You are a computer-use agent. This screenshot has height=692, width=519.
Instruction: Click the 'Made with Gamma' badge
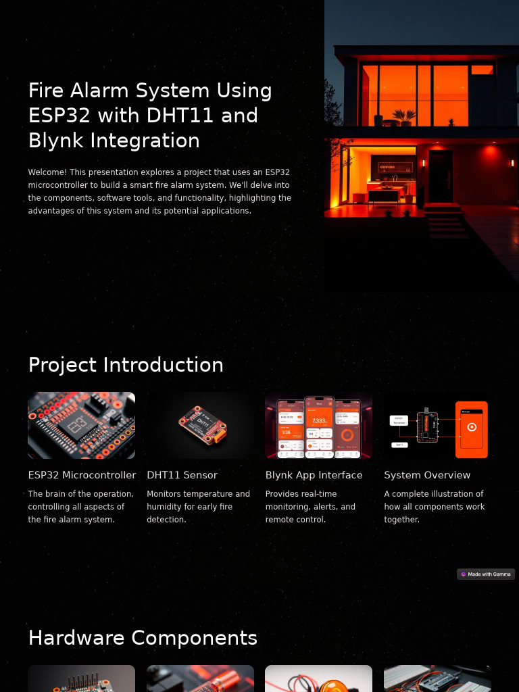point(486,574)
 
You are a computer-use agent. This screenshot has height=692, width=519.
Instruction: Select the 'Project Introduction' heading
point(126,365)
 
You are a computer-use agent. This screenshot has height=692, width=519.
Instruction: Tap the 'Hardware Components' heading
point(143,638)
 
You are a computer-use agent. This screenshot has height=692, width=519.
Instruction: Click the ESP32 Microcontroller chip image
point(81,426)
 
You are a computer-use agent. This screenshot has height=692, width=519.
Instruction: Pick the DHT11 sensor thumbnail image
point(200,426)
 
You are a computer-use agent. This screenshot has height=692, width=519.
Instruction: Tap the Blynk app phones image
point(318,426)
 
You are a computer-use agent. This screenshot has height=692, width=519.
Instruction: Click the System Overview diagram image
point(437,426)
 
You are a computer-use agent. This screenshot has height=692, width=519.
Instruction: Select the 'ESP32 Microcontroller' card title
point(82,475)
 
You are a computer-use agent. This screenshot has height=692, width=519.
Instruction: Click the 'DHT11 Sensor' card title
point(182,475)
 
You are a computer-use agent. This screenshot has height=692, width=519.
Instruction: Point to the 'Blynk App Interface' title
point(314,475)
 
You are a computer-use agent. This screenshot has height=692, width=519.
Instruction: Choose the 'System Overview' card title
point(427,475)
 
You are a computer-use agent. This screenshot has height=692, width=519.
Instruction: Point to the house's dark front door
point(440,177)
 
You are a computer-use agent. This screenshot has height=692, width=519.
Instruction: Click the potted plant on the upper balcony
point(404,118)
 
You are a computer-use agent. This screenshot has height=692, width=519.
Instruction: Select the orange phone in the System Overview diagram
point(472,429)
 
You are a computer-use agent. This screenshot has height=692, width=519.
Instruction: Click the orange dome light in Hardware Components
point(318,681)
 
